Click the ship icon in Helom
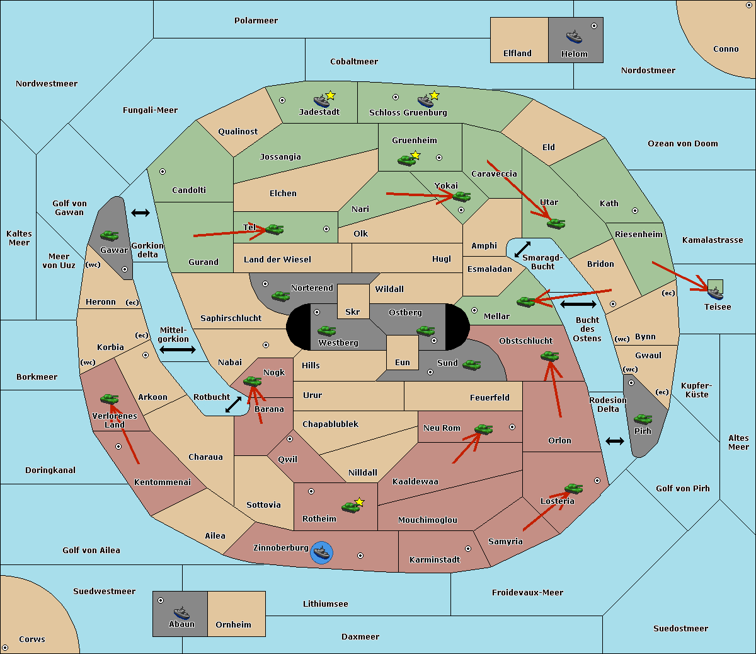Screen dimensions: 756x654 [574, 37]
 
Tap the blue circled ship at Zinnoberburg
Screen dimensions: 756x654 [321, 552]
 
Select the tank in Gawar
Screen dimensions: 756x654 [109, 235]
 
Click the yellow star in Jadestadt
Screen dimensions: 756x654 [330, 95]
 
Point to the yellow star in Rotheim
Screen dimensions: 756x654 [359, 501]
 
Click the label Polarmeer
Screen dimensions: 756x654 [256, 21]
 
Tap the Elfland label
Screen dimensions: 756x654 [517, 54]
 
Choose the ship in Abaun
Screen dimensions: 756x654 [181, 612]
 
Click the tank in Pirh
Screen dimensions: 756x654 [643, 419]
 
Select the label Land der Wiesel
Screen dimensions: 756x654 [277, 260]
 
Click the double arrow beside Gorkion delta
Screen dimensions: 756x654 [140, 213]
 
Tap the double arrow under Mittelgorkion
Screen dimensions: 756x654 [178, 349]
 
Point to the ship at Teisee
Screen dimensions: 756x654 [715, 293]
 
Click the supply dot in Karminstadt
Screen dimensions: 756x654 [468, 549]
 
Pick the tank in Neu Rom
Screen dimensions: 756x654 [483, 429]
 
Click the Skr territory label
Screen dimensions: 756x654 [352, 312]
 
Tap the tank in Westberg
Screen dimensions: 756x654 [326, 330]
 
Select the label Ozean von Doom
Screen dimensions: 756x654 [682, 144]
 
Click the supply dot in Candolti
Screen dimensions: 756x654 [163, 172]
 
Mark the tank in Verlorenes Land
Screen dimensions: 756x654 [109, 399]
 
